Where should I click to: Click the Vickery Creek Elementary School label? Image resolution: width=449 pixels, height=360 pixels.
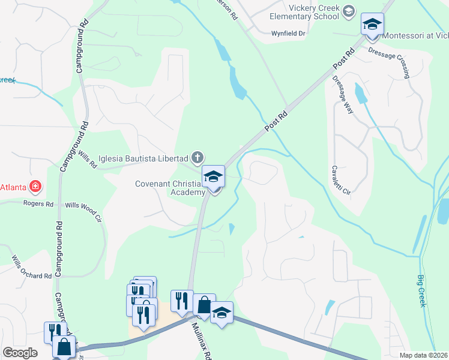[x=315, y=12]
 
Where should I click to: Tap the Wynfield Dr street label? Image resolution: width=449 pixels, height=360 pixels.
[x=289, y=34]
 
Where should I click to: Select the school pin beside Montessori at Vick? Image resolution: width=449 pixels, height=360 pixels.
[x=372, y=25]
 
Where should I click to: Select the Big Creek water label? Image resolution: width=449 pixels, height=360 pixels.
[x=421, y=291]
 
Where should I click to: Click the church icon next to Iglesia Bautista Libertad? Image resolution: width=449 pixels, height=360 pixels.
[x=197, y=158]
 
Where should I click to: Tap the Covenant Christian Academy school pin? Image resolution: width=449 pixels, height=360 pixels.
[x=213, y=177]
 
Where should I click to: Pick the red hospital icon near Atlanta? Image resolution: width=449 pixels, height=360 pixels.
[x=36, y=187]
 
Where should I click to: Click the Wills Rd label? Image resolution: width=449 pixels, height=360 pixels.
[x=88, y=159]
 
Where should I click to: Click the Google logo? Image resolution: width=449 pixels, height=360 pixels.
[x=20, y=353]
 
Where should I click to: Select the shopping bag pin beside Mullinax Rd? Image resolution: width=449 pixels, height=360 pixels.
[x=204, y=305]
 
